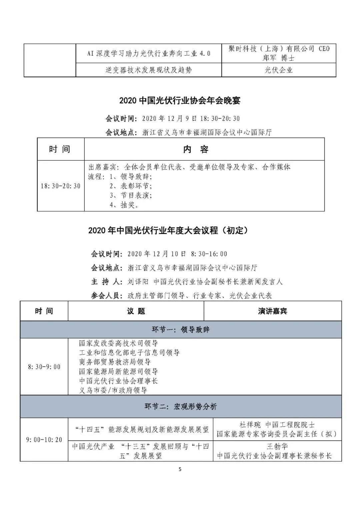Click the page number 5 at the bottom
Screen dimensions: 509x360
click(180, 469)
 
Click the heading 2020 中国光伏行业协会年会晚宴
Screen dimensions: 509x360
click(180, 101)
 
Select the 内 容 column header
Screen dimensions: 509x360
click(196, 149)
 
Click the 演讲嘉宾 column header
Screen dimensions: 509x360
click(272, 311)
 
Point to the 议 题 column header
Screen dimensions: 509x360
click(136, 311)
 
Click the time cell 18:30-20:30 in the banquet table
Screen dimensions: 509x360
click(61, 186)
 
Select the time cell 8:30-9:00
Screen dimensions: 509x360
click(44, 367)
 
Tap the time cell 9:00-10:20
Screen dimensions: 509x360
click(44, 440)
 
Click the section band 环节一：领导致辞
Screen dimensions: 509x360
click(181, 330)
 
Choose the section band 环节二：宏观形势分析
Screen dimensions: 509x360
click(181, 406)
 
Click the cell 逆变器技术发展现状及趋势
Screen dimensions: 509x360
click(149, 70)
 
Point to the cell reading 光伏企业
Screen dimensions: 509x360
click(279, 70)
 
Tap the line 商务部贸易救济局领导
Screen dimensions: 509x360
click(115, 362)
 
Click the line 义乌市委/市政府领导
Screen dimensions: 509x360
click(113, 390)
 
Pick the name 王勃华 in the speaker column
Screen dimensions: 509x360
click(277, 446)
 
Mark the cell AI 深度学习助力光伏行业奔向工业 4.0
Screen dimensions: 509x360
click(149, 53)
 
